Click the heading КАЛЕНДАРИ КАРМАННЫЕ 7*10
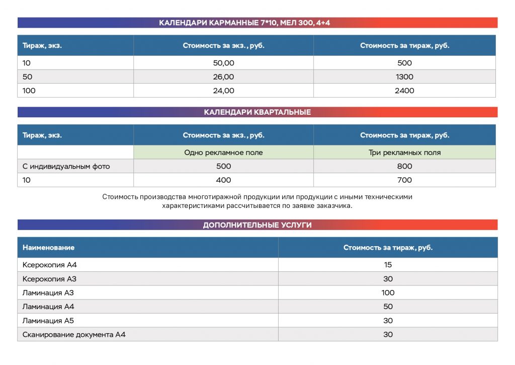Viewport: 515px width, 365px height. tap(244, 23)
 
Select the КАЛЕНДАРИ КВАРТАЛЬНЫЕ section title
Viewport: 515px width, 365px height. tap(257, 112)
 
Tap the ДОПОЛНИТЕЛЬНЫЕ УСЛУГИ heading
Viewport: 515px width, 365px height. tap(257, 225)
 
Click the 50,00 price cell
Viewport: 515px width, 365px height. tap(223, 63)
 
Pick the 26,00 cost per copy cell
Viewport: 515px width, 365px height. tap(223, 77)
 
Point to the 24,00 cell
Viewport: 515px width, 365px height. tap(223, 91)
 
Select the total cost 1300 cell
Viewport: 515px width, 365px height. tap(404, 77)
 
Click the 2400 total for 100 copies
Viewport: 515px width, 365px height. tap(404, 91)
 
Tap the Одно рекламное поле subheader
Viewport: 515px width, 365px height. tap(223, 153)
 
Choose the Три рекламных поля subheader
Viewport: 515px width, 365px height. tap(404, 153)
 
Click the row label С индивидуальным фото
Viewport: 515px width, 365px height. tap(66, 166)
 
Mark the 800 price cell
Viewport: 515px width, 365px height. tap(404, 166)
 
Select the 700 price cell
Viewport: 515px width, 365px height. tap(404, 180)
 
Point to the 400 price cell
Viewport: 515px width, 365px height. tap(223, 180)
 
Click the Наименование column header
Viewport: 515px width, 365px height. tap(48, 248)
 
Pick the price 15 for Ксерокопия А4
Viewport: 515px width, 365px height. tap(388, 265)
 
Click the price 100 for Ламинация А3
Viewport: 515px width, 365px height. tap(388, 293)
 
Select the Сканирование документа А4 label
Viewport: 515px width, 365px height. tap(74, 334)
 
